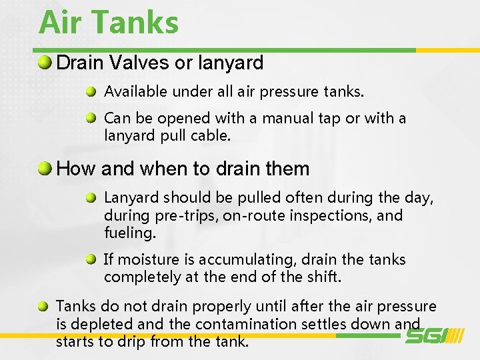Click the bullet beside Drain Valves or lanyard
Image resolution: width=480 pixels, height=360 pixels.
click(45, 63)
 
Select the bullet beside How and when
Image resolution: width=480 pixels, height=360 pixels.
click(45, 169)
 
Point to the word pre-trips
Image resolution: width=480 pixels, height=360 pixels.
click(182, 216)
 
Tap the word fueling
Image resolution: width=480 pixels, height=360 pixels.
click(129, 233)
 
